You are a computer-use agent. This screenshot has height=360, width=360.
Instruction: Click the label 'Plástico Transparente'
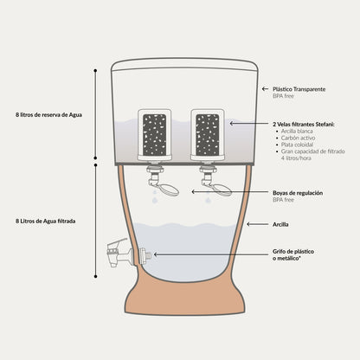pyautogui.click(x=299, y=89)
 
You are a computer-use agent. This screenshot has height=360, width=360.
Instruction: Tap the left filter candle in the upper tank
pyautogui.click(x=155, y=134)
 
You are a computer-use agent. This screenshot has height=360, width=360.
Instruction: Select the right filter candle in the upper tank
pyautogui.click(x=208, y=134)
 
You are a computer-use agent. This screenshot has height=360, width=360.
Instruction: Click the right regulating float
pyautogui.click(x=222, y=190)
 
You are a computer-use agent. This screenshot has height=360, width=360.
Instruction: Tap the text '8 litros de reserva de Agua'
pyautogui.click(x=48, y=115)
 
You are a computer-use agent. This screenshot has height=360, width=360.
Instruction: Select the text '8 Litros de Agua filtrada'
pyautogui.click(x=46, y=222)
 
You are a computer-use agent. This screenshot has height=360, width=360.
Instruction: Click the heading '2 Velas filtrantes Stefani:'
pyautogui.click(x=304, y=125)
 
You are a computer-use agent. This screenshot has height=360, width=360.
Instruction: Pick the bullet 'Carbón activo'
pyautogui.click(x=298, y=138)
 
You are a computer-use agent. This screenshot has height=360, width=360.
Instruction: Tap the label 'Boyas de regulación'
pyautogui.click(x=298, y=193)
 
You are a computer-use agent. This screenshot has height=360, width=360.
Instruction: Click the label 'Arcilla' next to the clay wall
pyautogui.click(x=280, y=224)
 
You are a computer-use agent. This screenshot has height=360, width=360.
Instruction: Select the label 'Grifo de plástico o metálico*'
pyautogui.click(x=293, y=255)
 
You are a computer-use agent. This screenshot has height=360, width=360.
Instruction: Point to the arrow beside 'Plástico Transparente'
pyautogui.click(x=265, y=89)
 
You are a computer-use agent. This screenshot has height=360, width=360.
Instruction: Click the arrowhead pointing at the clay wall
pyautogui.click(x=248, y=224)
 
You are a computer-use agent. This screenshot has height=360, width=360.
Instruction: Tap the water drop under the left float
pyautogui.click(x=155, y=200)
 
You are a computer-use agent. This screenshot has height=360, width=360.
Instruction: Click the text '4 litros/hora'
pyautogui.click(x=296, y=158)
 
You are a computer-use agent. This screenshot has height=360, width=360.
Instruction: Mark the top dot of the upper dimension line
pyautogui.click(x=95, y=70)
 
